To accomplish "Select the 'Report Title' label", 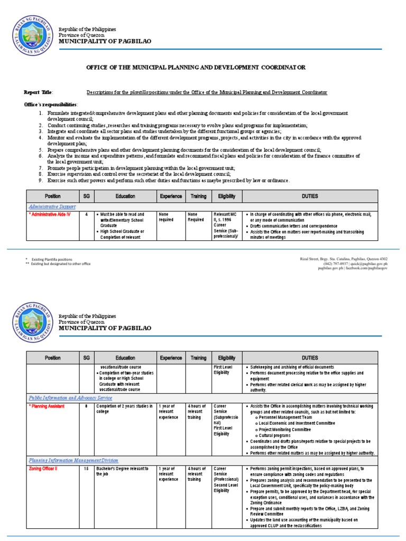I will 39,92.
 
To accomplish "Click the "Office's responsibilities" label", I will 51,104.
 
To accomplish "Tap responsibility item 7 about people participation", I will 141,167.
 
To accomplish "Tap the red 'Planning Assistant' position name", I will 49,406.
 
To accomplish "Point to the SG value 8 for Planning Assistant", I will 86,406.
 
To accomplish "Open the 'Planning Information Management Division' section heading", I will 73,461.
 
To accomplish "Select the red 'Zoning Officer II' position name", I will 47,469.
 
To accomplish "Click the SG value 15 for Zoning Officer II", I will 86,469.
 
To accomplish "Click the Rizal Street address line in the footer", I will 344,258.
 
